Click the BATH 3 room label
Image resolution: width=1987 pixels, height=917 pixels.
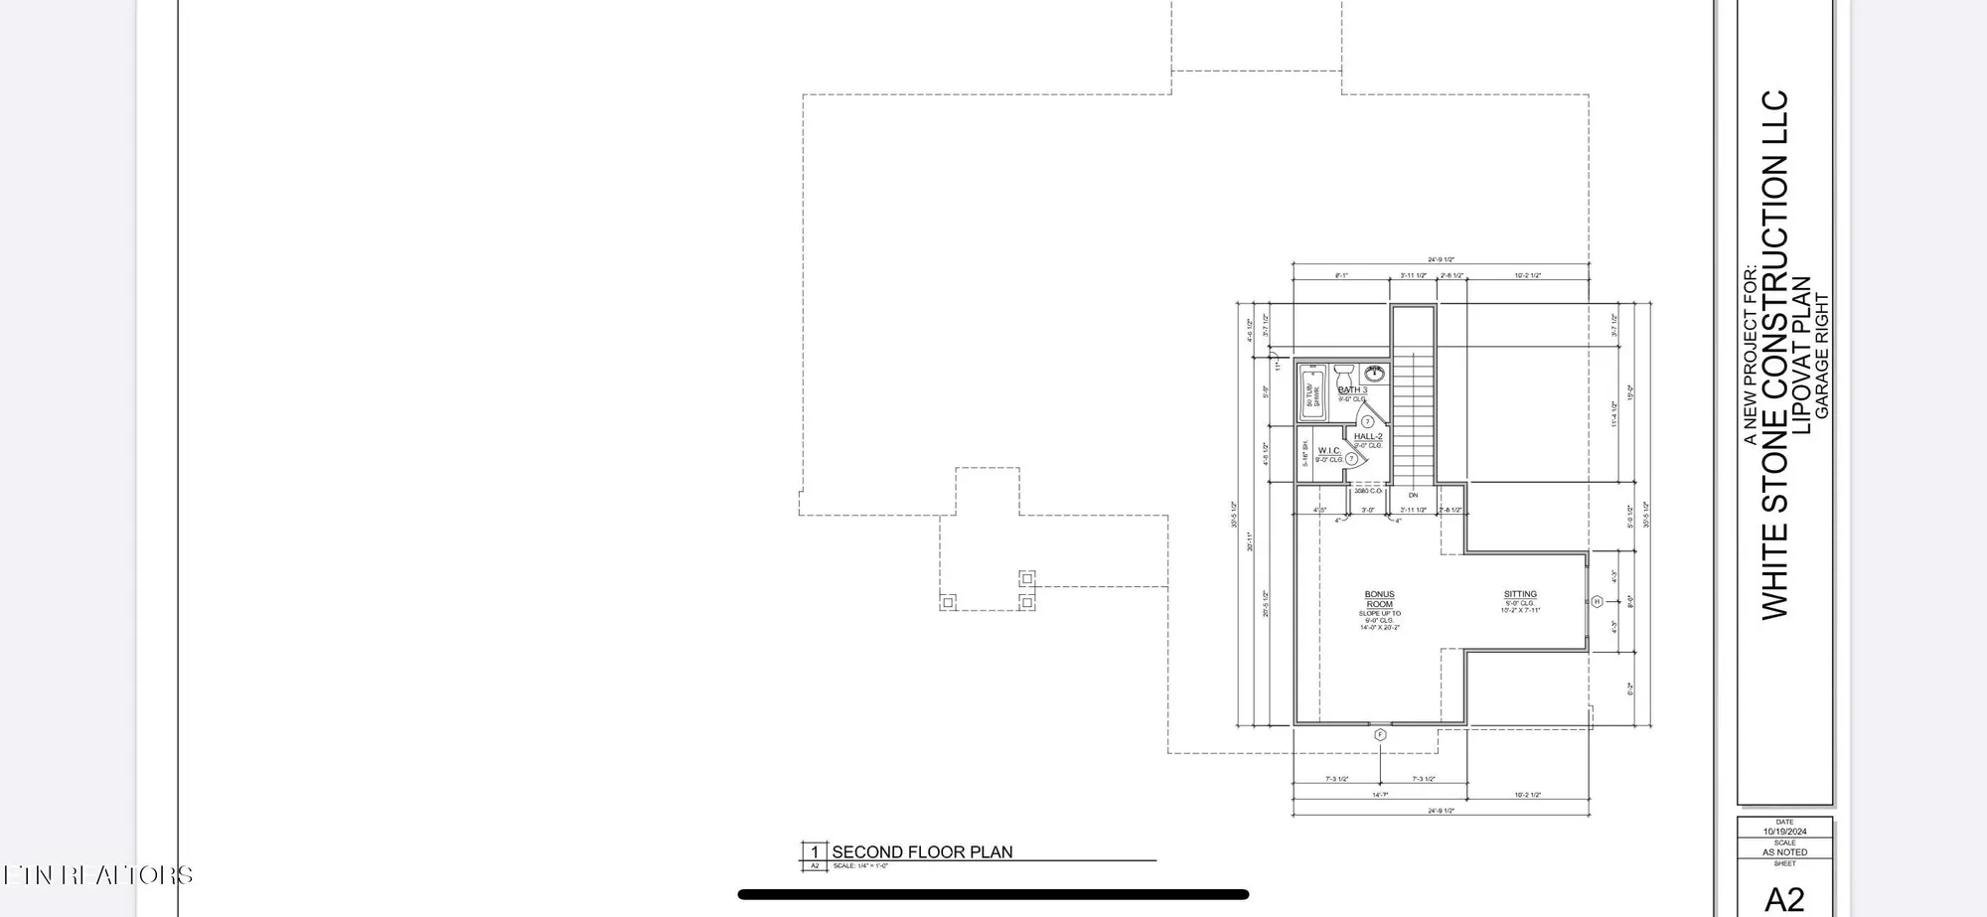pyautogui.click(x=1352, y=390)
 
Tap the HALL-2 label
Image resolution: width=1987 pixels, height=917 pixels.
pyautogui.click(x=1368, y=436)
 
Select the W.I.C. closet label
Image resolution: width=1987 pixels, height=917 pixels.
pyautogui.click(x=1329, y=451)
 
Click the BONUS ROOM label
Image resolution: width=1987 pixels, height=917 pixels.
pyautogui.click(x=1379, y=599)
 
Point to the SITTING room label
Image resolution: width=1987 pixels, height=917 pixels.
pyautogui.click(x=1520, y=594)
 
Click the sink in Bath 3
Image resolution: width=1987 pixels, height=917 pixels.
pyautogui.click(x=1375, y=375)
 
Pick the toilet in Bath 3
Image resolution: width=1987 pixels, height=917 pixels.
pyautogui.click(x=1344, y=374)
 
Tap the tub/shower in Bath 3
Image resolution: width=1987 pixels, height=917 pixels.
pyautogui.click(x=1312, y=393)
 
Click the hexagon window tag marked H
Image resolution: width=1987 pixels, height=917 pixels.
pyautogui.click(x=1598, y=601)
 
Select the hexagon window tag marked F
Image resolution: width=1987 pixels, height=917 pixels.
pyautogui.click(x=1380, y=735)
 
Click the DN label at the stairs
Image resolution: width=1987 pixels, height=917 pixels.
pyautogui.click(x=1413, y=495)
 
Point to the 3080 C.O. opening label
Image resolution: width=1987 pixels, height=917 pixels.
pyautogui.click(x=1368, y=491)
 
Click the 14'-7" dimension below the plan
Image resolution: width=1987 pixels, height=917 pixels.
pyautogui.click(x=1380, y=795)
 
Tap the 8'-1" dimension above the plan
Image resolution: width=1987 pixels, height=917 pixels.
pyautogui.click(x=1341, y=275)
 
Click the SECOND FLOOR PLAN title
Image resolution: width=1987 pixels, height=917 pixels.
pyautogui.click(x=922, y=852)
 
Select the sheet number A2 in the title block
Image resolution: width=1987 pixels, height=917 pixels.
pyautogui.click(x=1784, y=899)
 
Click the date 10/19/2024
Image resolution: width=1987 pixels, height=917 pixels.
pyautogui.click(x=1784, y=832)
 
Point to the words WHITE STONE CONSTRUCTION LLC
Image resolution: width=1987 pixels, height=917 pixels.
pyautogui.click(x=1774, y=355)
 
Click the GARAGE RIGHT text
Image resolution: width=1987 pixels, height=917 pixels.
pyautogui.click(x=1822, y=356)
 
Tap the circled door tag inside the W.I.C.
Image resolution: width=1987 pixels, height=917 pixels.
pyautogui.click(x=1351, y=459)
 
